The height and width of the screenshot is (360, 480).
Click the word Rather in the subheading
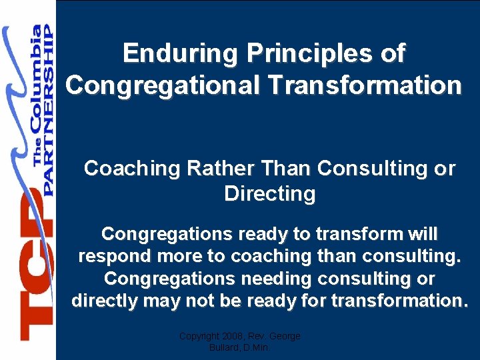pos(207,169)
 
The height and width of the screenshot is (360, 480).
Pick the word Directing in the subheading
pos(269,194)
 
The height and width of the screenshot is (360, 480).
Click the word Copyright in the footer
pos(199,336)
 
